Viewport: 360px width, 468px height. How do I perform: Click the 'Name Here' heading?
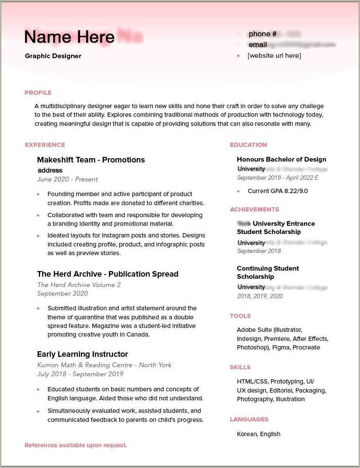tap(69, 37)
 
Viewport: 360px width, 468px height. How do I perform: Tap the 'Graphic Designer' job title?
tap(53, 56)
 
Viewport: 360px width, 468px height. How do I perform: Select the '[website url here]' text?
tap(274, 56)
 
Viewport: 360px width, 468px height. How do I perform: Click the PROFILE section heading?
tap(38, 93)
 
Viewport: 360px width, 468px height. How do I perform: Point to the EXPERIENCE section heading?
tap(45, 145)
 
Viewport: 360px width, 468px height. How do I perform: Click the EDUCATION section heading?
tap(248, 145)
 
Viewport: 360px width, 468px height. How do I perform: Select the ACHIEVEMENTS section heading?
tap(254, 209)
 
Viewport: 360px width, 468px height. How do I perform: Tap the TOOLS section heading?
tap(240, 316)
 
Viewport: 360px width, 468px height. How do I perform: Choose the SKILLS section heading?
tap(240, 367)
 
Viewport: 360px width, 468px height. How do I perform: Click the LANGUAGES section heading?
tap(249, 419)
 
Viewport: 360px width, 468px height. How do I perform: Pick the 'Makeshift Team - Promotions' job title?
tap(91, 160)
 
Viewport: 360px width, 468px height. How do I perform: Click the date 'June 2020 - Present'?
tap(67, 179)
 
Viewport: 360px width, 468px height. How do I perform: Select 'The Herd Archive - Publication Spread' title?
tap(108, 274)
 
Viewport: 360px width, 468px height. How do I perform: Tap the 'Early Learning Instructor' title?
tap(82, 354)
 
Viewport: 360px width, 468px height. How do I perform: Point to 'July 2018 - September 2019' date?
tap(80, 374)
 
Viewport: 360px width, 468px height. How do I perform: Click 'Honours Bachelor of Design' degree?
tap(281, 159)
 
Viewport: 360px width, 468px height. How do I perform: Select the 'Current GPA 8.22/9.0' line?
tap(277, 191)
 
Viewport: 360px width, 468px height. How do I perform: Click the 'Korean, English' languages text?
tap(258, 434)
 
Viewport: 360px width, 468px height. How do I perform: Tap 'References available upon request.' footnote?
tap(76, 445)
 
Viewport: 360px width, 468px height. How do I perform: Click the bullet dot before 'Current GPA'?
tap(238, 191)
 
